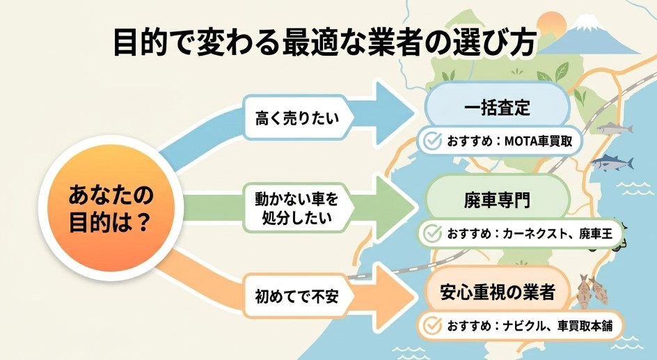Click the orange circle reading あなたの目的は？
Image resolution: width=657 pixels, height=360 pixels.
110,208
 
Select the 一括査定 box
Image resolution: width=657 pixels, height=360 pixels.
497,108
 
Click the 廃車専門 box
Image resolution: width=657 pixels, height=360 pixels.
497,200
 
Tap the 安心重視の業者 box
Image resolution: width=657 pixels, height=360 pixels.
497,292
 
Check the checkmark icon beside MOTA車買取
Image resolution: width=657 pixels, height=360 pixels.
433,141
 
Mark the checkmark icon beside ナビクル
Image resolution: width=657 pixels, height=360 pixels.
433,325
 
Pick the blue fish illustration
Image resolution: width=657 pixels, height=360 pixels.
612,164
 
